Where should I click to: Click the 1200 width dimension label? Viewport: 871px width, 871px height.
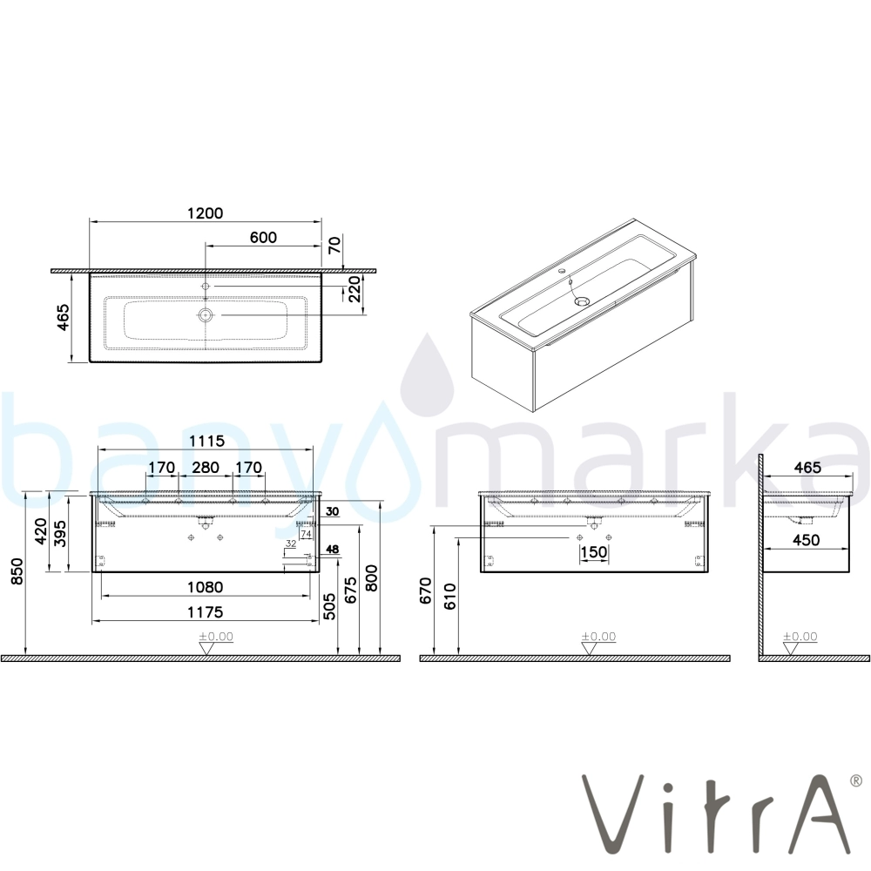point(205,213)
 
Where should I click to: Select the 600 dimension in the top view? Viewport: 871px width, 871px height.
point(263,237)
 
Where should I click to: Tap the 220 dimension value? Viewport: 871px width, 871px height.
point(354,289)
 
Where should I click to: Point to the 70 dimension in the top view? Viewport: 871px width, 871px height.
point(335,245)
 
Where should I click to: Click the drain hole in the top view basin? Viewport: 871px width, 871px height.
point(206,315)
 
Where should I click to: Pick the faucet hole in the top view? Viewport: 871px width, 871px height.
point(206,286)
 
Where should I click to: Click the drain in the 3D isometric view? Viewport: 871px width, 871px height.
point(581,301)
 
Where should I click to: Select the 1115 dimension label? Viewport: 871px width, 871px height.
point(206,441)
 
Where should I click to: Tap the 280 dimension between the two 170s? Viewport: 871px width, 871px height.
point(205,468)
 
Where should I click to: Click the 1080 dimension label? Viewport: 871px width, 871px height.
point(205,587)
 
